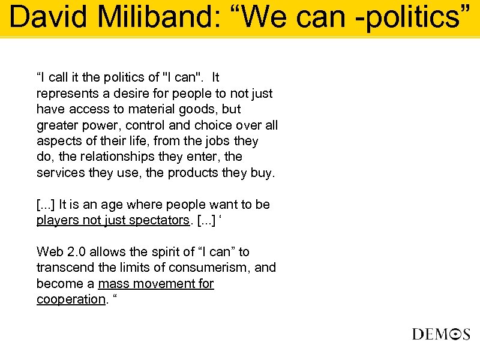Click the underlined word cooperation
(x=70, y=299)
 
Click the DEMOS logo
(x=441, y=334)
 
